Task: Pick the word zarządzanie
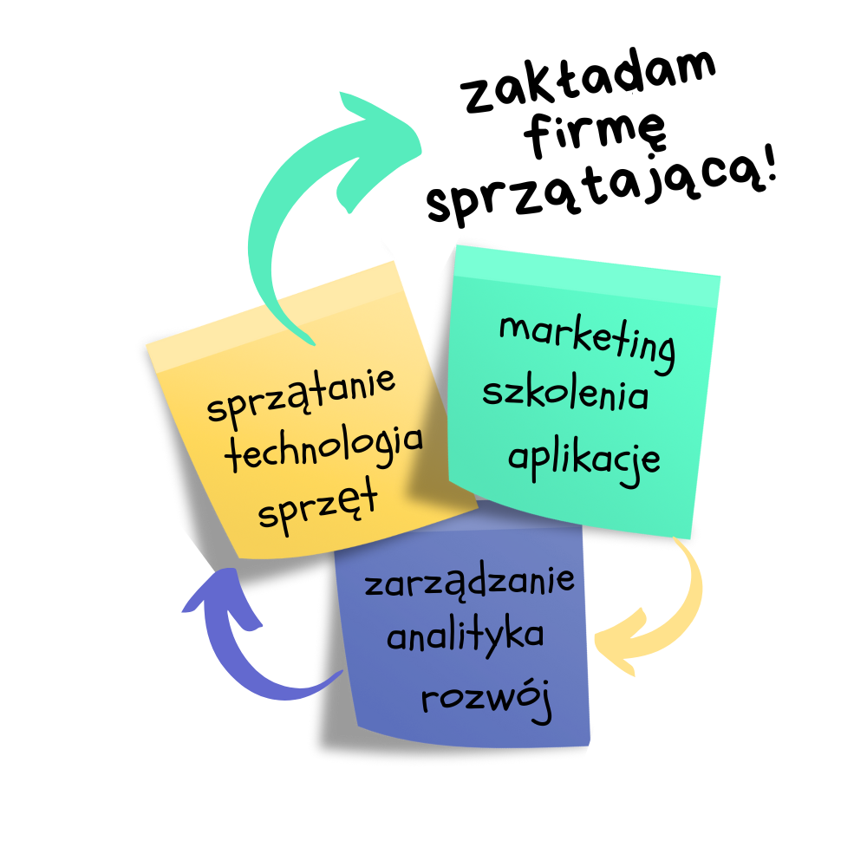pyautogui.click(x=469, y=583)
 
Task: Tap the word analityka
pyautogui.click(x=466, y=637)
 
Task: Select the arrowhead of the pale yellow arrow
pyautogui.click(x=620, y=646)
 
